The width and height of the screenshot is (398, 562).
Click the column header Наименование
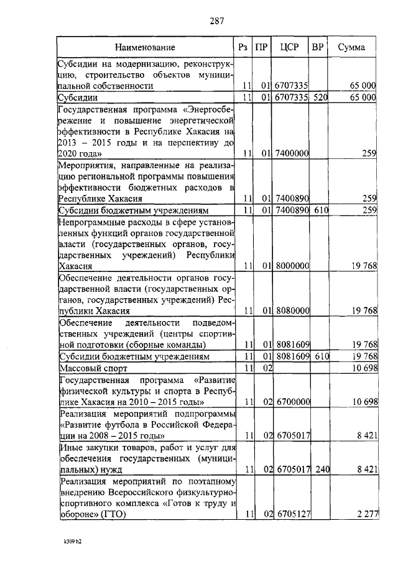[145, 47]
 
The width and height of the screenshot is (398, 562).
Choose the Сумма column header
[353, 47]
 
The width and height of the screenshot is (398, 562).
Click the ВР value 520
[320, 97]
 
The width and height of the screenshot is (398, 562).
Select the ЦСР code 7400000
[292, 153]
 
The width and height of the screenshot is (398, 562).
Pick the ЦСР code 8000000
[292, 266]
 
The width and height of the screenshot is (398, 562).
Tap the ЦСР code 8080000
[292, 310]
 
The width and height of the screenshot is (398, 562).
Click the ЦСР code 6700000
[292, 402]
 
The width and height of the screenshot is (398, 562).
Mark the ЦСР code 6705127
[292, 514]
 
